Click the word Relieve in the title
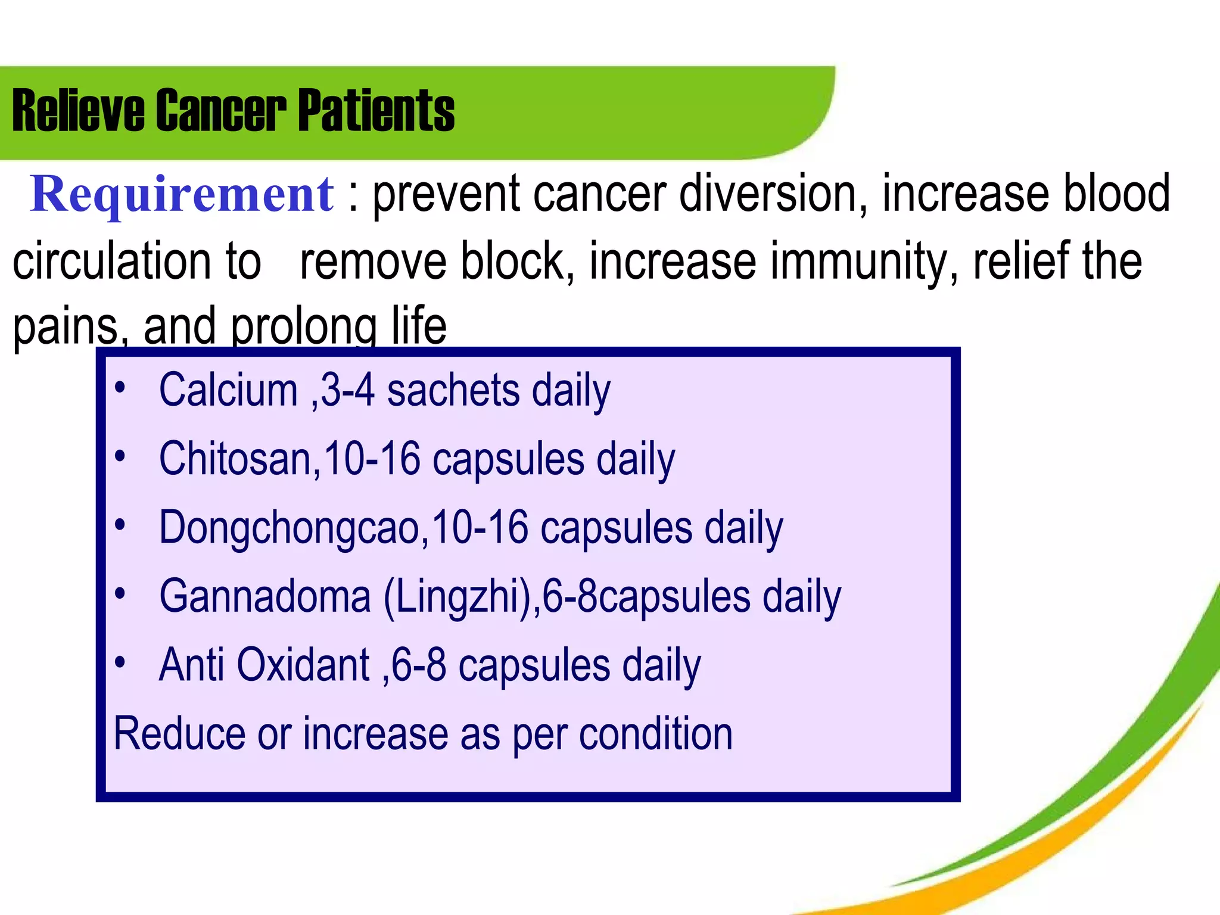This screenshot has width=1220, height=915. pos(78,111)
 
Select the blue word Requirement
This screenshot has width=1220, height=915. pos(182,195)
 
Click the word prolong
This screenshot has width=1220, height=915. pos(304,327)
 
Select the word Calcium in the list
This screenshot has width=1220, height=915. pos(228,391)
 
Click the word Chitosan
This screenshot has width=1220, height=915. pos(235,459)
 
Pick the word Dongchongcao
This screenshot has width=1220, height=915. pos(288,528)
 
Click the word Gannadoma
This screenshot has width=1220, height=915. pos(265,596)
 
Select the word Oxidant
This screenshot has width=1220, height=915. pos(303,665)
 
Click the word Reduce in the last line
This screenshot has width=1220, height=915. pos(179,733)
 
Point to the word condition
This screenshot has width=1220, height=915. pos(655,733)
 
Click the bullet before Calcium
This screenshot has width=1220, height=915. pos(120,388)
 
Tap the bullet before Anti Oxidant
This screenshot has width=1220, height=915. pos(120,662)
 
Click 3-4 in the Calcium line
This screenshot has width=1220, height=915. pos(348,391)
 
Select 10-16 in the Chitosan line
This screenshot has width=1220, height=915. pos(372,459)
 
